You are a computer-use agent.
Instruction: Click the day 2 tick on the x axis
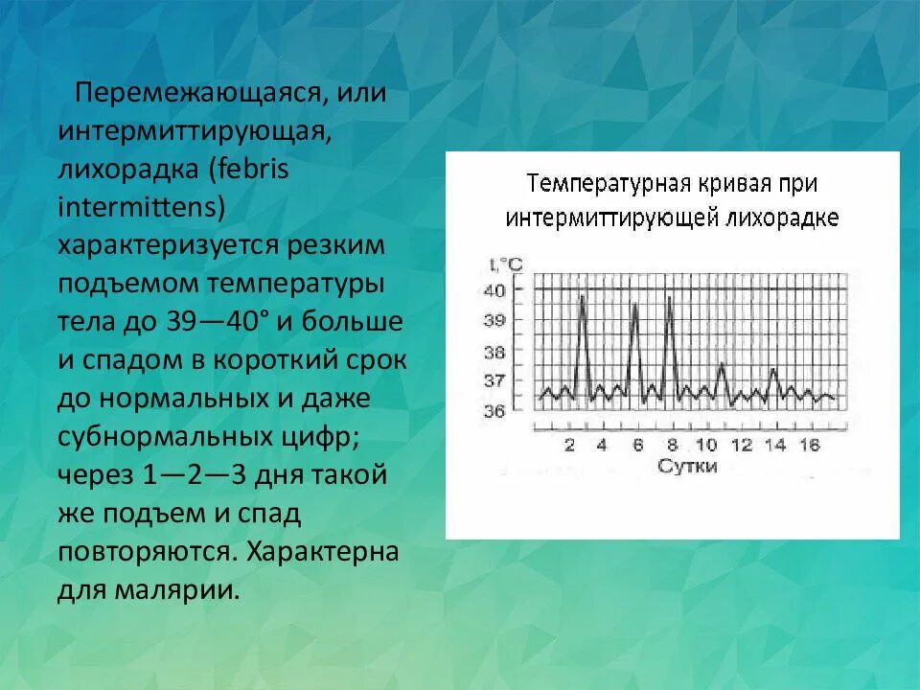[570, 445]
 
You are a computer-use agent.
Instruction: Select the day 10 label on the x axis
[705, 445]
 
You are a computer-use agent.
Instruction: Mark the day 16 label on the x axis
[809, 445]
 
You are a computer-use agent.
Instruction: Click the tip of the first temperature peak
[582, 296]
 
